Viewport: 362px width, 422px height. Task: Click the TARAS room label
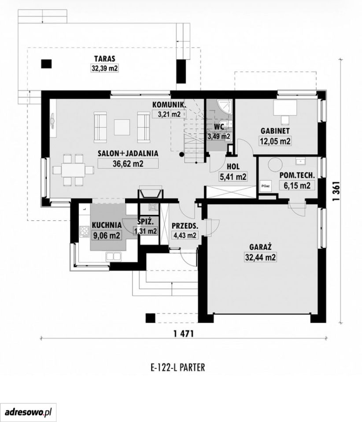pos(104,58)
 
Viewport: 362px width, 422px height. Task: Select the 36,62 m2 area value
pos(128,164)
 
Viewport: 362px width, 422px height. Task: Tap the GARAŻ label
pos(260,247)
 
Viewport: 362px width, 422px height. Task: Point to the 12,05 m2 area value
pos(275,141)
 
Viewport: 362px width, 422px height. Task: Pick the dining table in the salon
pos(73,170)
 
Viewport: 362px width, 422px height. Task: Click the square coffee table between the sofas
pos(122,127)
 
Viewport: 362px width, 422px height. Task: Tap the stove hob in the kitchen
pos(85,231)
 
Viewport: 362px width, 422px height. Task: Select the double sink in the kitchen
pos(114,256)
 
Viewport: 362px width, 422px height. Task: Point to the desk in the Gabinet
pos(285,108)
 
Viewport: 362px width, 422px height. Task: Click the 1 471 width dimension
pos(184,334)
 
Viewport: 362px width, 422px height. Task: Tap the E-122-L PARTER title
pos(177,367)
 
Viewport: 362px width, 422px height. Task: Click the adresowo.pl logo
pos(28,412)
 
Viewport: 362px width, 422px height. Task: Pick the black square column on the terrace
pos(46,64)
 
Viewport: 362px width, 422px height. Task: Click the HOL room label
pos(233,167)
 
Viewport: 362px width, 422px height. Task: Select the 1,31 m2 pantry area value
pos(145,231)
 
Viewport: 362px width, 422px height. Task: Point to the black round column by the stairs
pos(182,154)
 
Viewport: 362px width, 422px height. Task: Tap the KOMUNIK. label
pos(169,105)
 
